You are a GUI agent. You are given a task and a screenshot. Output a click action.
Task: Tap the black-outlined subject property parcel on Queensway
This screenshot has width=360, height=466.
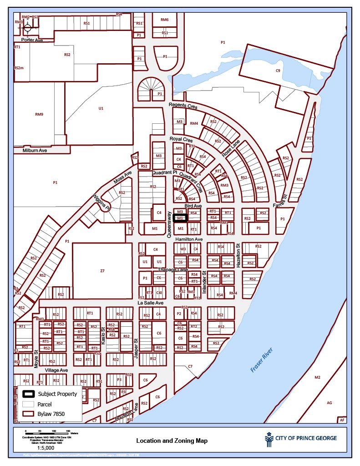click(180, 218)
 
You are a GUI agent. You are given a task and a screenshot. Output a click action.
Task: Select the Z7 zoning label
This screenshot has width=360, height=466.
click(102, 271)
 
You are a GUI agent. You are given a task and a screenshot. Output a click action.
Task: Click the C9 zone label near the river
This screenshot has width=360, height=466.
click(278, 71)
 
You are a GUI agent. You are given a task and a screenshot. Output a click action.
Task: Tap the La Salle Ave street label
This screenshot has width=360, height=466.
click(151, 302)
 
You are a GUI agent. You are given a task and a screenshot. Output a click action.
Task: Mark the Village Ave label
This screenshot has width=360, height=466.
click(56, 370)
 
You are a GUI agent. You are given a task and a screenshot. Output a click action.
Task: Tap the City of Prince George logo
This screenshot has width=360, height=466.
click(301, 438)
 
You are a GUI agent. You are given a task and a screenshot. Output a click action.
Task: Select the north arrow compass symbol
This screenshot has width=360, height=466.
click(27, 27)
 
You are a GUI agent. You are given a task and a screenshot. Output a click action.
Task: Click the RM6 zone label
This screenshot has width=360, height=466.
click(164, 20)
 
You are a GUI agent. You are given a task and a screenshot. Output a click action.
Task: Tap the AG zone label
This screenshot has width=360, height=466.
click(329, 403)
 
